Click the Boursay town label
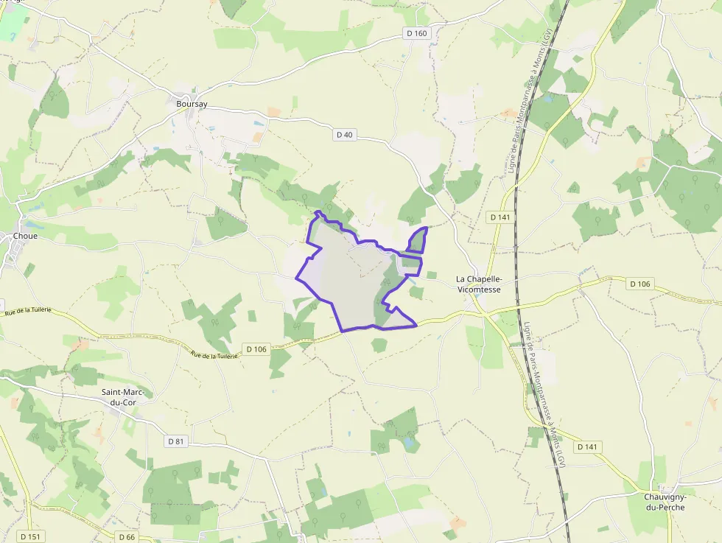click(x=192, y=104)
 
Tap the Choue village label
click(x=25, y=237)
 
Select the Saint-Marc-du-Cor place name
click(x=123, y=397)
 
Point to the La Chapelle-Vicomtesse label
click(x=479, y=284)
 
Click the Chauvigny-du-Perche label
click(x=665, y=502)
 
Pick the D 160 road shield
click(x=416, y=33)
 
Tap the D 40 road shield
click(x=345, y=135)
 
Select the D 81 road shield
click(x=175, y=441)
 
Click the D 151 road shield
click(x=29, y=536)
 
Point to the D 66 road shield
click(x=127, y=536)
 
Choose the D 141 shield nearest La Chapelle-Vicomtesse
click(x=500, y=217)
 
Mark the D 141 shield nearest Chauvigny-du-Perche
click(x=588, y=446)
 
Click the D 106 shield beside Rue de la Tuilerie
click(x=256, y=348)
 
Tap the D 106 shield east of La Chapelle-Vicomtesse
click(x=640, y=284)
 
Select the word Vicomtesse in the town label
click(x=479, y=289)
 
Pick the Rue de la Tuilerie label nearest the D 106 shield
click(x=214, y=355)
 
